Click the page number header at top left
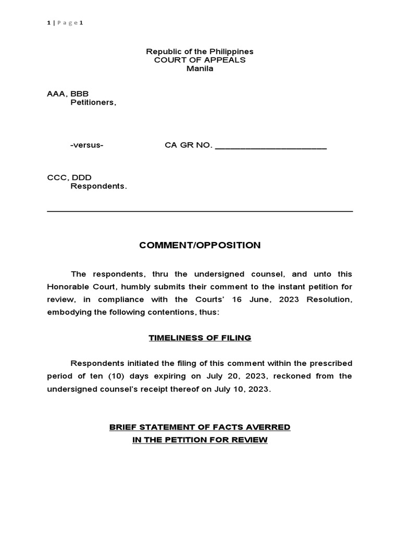click(65, 22)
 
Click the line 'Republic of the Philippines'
click(199, 52)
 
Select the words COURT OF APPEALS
click(199, 60)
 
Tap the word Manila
click(199, 69)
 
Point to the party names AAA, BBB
click(68, 94)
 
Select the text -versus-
click(86, 145)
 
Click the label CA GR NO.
click(189, 145)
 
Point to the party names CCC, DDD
click(69, 177)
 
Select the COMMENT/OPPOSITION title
click(199, 246)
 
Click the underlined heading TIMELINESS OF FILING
click(199, 338)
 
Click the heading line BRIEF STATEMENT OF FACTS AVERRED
click(199, 427)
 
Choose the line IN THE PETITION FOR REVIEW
click(199, 440)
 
